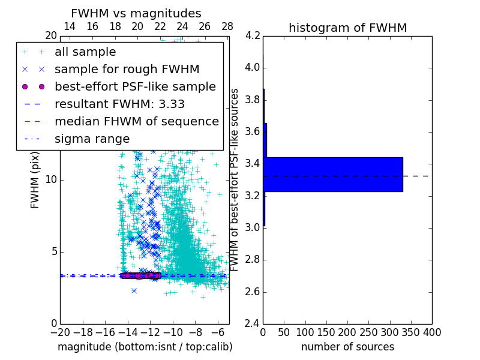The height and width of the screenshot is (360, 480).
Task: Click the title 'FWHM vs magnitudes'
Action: tap(136, 14)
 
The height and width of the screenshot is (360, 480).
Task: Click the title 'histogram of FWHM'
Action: tap(347, 28)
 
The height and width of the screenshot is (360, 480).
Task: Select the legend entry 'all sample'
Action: tap(85, 52)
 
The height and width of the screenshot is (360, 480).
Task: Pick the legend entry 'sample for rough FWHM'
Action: tap(127, 70)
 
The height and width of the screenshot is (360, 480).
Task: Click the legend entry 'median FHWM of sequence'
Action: tap(136, 122)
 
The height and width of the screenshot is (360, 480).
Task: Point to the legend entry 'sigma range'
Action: tap(92, 139)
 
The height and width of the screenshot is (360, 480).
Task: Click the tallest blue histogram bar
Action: tap(333, 175)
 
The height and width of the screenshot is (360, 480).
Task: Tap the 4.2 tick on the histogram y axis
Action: tap(253, 35)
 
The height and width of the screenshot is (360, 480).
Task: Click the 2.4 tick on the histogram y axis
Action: tap(253, 324)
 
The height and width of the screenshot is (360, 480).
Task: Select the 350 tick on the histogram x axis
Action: tap(410, 332)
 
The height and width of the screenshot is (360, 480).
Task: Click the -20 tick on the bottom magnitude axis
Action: tap(60, 332)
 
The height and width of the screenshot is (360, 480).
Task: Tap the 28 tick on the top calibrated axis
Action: tap(227, 26)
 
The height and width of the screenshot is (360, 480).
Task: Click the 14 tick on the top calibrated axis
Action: tap(70, 26)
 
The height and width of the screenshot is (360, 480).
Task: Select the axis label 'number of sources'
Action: tap(347, 347)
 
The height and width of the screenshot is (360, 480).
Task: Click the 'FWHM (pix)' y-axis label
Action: tap(35, 180)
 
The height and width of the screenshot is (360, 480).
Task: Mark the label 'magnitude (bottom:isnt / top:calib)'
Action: tap(145, 347)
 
